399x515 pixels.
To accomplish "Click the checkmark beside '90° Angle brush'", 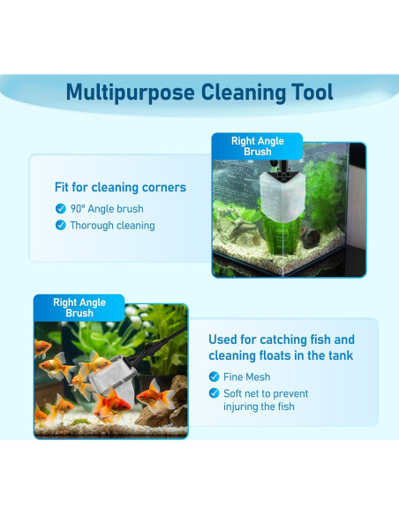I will pos(60,209).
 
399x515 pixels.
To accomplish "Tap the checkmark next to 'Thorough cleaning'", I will pos(60,226).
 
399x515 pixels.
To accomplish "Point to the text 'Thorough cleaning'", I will pos(113,226).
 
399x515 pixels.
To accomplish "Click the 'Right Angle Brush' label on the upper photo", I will pos(257,146).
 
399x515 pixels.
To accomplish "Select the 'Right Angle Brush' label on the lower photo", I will pos(79,308).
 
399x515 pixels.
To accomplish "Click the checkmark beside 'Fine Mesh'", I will pos(214,377).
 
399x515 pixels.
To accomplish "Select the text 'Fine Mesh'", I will pos(247,377).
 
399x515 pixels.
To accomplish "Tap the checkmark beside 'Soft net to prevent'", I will pos(214,392).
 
